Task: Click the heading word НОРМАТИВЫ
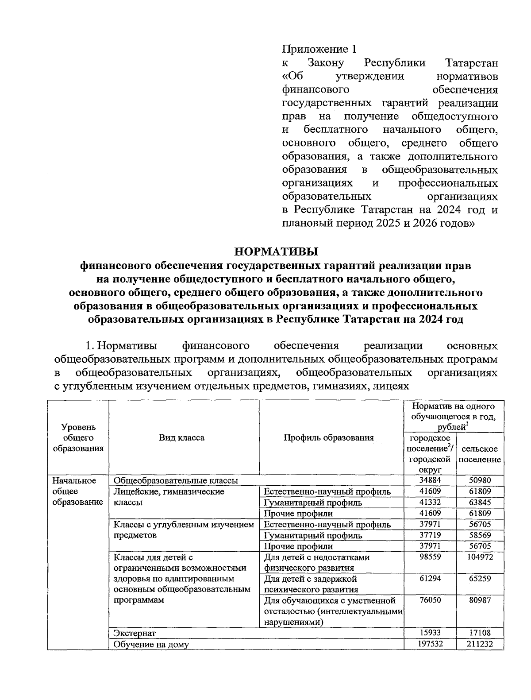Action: pyautogui.click(x=276, y=252)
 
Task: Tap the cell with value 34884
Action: pyautogui.click(x=430, y=480)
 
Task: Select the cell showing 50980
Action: pyautogui.click(x=480, y=480)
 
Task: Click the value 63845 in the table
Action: pyautogui.click(x=480, y=503)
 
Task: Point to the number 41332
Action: pyautogui.click(x=430, y=503)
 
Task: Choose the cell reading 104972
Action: pyautogui.click(x=480, y=557)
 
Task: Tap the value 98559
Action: pyautogui.click(x=430, y=557)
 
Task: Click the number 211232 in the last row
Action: pyautogui.click(x=480, y=644)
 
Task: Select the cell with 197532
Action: pyautogui.click(x=430, y=644)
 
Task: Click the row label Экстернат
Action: pyautogui.click(x=135, y=634)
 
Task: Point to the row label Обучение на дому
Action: pyautogui.click(x=151, y=645)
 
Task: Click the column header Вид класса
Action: pyautogui.click(x=182, y=438)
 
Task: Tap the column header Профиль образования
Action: pyautogui.click(x=328, y=438)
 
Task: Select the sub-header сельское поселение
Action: pyautogui.click(x=480, y=454)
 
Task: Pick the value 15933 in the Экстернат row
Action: pyautogui.click(x=430, y=633)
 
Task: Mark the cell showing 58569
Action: pyautogui.click(x=480, y=535)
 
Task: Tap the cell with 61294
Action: pyautogui.click(x=430, y=579)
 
